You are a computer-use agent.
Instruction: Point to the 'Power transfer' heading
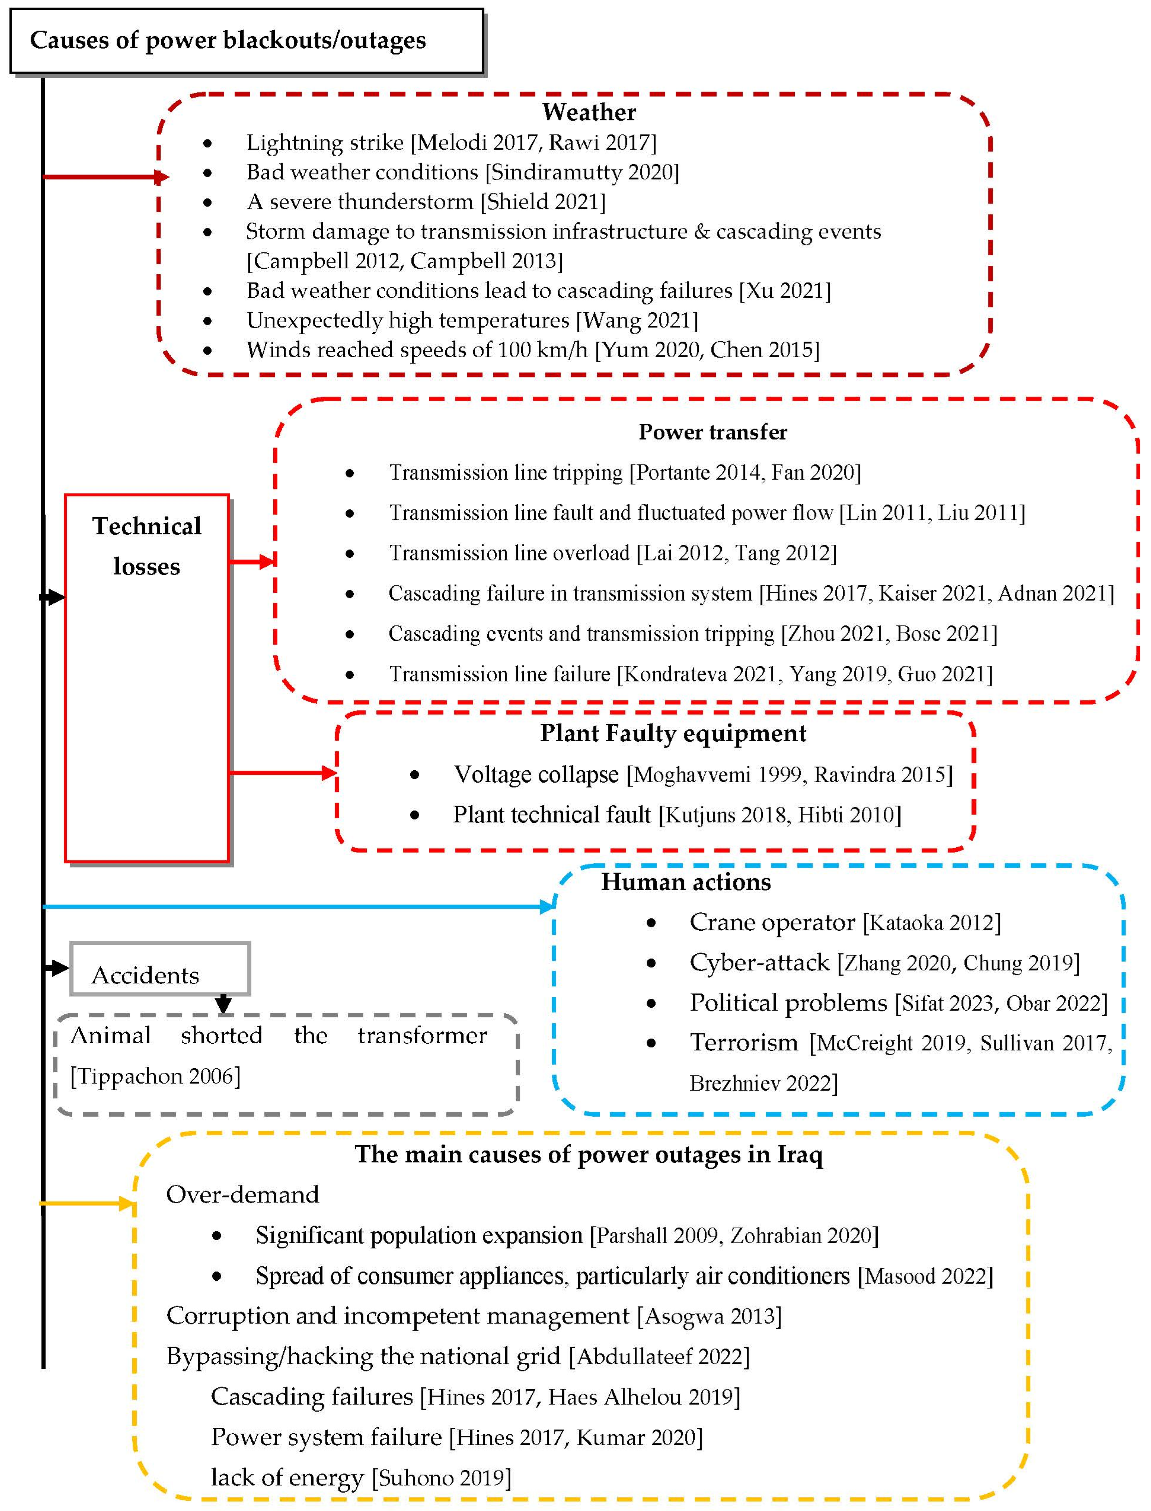(x=712, y=432)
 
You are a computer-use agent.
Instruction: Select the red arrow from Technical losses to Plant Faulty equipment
(x=281, y=773)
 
